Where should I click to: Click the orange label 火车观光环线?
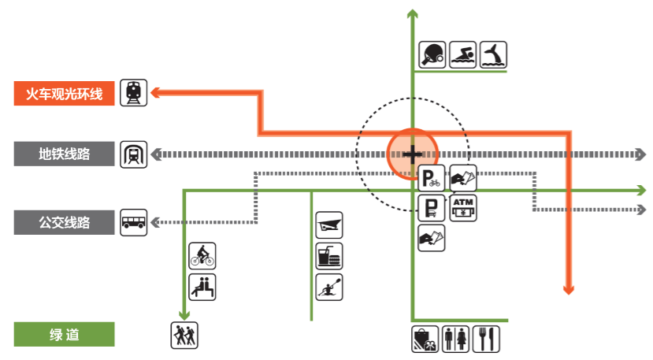(65, 94)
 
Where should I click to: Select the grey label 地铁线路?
(65, 154)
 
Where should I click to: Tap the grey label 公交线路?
(65, 223)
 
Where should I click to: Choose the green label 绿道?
(65, 335)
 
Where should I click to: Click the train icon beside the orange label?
(133, 93)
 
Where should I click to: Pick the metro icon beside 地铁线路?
(133, 154)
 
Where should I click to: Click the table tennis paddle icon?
(432, 54)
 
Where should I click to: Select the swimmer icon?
(463, 54)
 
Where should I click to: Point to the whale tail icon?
(493, 54)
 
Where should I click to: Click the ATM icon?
(462, 208)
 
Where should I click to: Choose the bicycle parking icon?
(431, 179)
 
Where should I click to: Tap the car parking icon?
(431, 209)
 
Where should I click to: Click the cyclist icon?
(202, 255)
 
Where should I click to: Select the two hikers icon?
(184, 336)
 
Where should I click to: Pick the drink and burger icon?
(328, 255)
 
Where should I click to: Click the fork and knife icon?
(487, 339)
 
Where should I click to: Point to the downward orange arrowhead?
(568, 288)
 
